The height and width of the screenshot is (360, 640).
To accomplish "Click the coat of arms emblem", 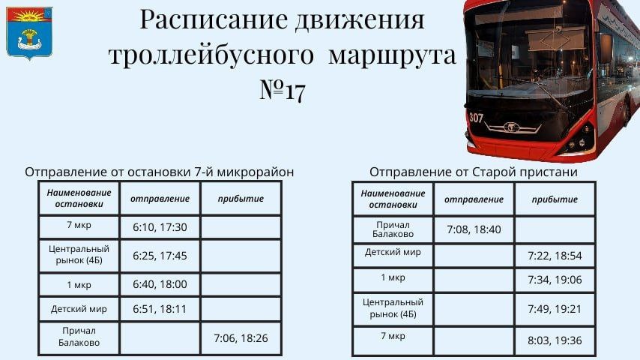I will (x=29, y=33).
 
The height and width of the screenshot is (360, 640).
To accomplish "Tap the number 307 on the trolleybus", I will (x=476, y=118).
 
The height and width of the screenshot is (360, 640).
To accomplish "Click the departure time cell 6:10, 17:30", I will (x=160, y=227).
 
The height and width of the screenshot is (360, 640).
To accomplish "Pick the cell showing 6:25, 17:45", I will (x=160, y=256).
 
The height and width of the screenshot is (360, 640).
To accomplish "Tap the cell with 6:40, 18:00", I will (x=160, y=284).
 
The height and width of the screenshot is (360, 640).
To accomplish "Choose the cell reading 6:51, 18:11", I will (x=160, y=308).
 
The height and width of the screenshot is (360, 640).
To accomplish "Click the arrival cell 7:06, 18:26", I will (x=241, y=337).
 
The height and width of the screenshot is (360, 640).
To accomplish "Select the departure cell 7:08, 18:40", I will (x=474, y=229).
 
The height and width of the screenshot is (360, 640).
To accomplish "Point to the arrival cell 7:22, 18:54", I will (x=555, y=256).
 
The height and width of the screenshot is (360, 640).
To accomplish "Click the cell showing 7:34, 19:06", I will (x=555, y=280).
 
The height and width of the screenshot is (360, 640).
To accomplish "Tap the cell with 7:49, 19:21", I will (x=555, y=308).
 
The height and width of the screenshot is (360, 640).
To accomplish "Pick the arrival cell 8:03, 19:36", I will (x=555, y=340).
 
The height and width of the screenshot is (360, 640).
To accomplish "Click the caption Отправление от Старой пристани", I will (x=474, y=172).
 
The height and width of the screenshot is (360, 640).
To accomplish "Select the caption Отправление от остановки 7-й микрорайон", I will (x=159, y=172).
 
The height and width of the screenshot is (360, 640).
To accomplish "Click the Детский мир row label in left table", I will (x=79, y=308).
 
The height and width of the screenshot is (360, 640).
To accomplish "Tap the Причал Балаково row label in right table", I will (x=393, y=229).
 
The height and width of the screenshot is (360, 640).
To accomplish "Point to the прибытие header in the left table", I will (x=241, y=199).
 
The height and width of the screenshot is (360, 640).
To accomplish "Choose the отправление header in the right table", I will (x=474, y=199).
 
